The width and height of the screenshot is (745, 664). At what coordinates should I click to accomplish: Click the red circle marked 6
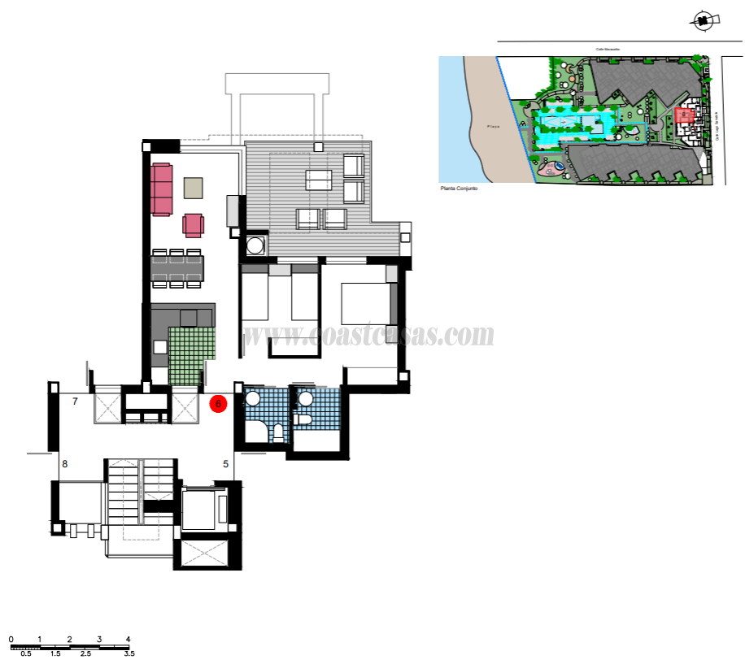tap(218, 403)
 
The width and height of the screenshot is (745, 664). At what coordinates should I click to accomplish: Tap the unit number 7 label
tap(75, 401)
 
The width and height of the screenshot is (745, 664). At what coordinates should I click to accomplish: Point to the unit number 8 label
tap(65, 465)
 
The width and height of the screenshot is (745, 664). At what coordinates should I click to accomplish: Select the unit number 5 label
tap(225, 465)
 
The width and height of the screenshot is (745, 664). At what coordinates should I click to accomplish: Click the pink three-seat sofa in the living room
tap(161, 189)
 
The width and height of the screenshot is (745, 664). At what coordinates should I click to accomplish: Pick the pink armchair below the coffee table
tap(194, 224)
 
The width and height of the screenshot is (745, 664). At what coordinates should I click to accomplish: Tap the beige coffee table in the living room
tap(193, 188)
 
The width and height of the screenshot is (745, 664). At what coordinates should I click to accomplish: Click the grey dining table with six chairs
tap(177, 268)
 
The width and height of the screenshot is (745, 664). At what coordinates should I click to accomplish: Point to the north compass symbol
tap(704, 20)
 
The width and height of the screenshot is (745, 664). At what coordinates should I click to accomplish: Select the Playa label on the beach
tap(492, 127)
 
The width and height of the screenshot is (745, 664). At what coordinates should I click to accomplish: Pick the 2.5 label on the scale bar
tap(85, 653)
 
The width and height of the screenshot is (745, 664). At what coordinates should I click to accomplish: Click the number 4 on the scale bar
tap(128, 639)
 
